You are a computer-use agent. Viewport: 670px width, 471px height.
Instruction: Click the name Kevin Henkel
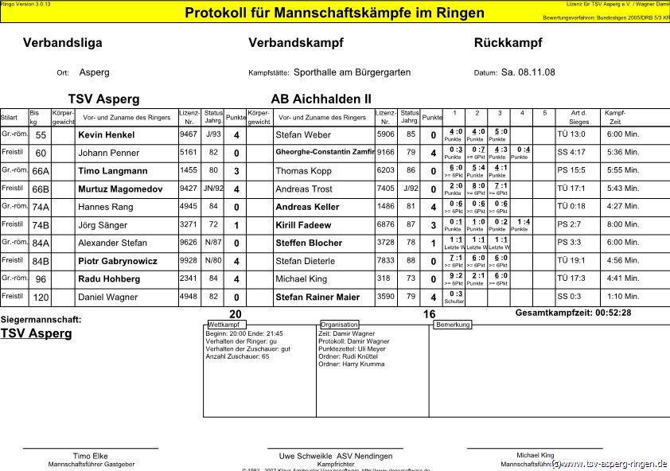pos(106,135)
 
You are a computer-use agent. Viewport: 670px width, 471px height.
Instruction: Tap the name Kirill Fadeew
pos(303,225)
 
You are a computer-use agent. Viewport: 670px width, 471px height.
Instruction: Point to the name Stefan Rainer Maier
pos(317,298)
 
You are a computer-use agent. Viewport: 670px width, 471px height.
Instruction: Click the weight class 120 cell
pos(40,298)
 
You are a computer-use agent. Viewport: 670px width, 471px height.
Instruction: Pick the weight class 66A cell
pos(40,171)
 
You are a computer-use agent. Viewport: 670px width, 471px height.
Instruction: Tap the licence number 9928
pos(189,260)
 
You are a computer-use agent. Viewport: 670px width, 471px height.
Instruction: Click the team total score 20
pos(236,314)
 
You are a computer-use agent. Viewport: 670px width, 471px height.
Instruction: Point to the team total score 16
pos(429,314)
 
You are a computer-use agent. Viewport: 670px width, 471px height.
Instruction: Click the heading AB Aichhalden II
pos(321,99)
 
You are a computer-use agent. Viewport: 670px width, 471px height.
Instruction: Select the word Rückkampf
pos(508,43)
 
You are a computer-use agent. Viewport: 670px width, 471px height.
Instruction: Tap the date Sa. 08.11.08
pos(528,72)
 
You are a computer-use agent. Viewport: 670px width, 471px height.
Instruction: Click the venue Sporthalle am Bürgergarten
pos(352,72)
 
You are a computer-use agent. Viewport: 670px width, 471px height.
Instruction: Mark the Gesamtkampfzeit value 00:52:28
pos(606,313)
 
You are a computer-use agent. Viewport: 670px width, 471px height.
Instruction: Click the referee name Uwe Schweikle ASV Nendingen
pos(335,456)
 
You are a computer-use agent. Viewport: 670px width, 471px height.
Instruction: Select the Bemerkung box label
pos(453,325)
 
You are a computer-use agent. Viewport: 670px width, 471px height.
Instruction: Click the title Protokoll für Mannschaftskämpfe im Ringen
pos(334,13)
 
